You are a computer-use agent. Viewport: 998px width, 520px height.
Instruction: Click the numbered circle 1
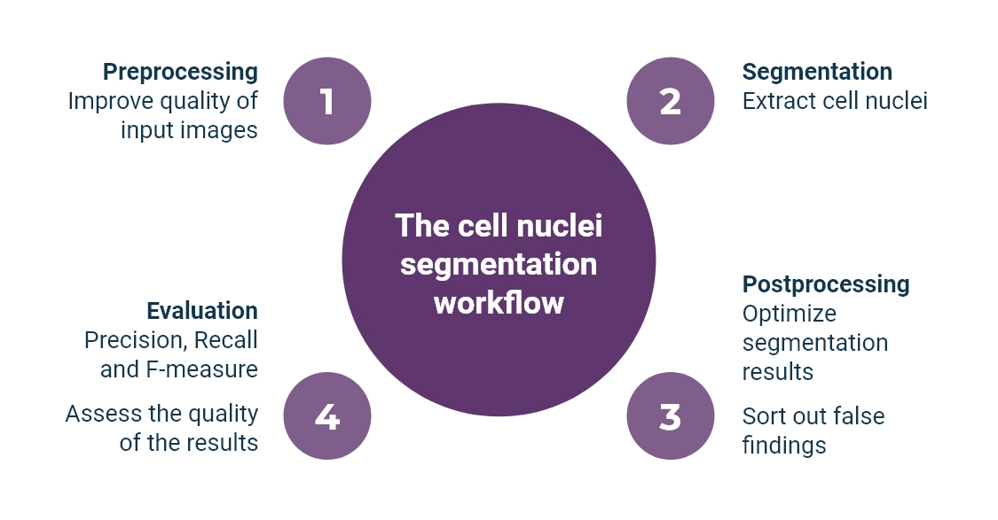click(x=326, y=101)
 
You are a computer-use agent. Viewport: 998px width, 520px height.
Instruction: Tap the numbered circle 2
click(x=670, y=101)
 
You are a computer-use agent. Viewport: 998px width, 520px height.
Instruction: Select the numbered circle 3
click(x=670, y=416)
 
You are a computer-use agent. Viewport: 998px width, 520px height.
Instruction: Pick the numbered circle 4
click(x=326, y=416)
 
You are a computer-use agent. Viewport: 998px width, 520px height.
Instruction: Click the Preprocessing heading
click(x=180, y=72)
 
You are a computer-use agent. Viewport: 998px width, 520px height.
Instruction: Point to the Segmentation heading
click(x=817, y=72)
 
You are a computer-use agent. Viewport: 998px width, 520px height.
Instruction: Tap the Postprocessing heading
click(x=826, y=284)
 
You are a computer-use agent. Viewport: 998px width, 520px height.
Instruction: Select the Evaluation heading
click(x=202, y=311)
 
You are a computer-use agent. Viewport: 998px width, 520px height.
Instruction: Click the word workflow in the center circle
click(x=499, y=303)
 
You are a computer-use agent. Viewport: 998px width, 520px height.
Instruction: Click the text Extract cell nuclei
click(x=835, y=101)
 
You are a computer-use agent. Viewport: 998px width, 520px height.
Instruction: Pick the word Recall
click(x=225, y=340)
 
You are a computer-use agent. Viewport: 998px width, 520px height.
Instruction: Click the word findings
click(x=784, y=445)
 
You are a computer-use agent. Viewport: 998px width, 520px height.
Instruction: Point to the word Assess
click(x=97, y=414)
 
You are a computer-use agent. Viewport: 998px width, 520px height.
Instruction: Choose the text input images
click(x=189, y=130)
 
